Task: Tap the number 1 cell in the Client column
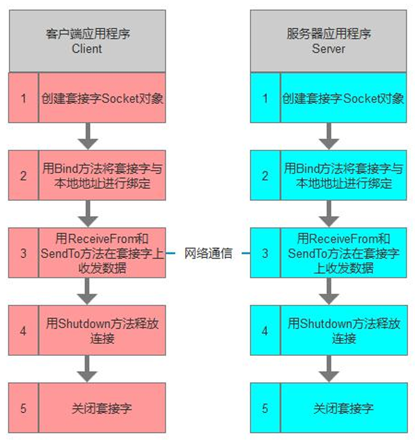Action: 24,98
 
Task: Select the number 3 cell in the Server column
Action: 265,254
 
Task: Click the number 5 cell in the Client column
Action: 24,408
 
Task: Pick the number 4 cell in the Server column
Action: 265,331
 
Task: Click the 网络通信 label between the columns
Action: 208,254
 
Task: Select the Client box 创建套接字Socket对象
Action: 102,98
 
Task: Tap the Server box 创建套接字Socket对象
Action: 343,98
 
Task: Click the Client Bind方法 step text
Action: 102,176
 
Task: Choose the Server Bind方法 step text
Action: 343,176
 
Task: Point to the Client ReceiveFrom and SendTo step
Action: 102,254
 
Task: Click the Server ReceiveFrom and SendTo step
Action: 343,254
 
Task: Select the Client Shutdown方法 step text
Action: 102,331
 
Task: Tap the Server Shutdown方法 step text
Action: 343,331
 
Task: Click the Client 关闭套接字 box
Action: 102,408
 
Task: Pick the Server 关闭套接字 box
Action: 343,408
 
